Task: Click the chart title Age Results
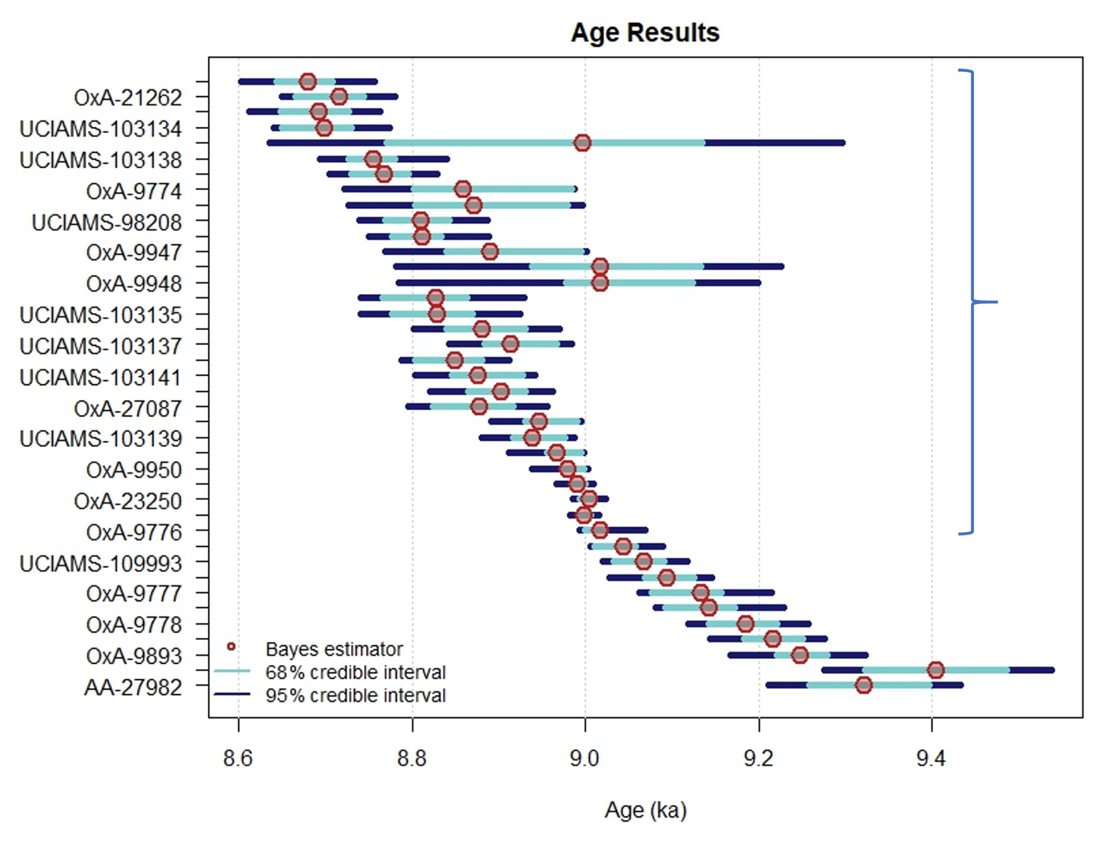coord(645,33)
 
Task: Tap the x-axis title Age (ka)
coord(645,809)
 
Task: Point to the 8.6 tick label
coord(238,758)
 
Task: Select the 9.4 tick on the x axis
coord(931,758)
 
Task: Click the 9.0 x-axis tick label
coord(585,758)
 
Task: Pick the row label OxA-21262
coord(128,98)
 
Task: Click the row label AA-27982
coord(133,687)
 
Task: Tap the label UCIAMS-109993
coord(101,563)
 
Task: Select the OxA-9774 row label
coord(134,191)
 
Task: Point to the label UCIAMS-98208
coord(106,222)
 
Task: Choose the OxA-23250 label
coord(128,501)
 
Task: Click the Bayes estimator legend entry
coord(333,649)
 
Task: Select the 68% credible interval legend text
coord(355,672)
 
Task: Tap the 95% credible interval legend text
coord(355,695)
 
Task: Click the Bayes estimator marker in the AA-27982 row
coord(864,685)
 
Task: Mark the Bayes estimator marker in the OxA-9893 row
coord(800,655)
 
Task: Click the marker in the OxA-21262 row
coord(339,97)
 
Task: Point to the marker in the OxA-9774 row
coord(463,189)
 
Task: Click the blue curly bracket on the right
coord(973,301)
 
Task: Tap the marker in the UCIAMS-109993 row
coord(643,562)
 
